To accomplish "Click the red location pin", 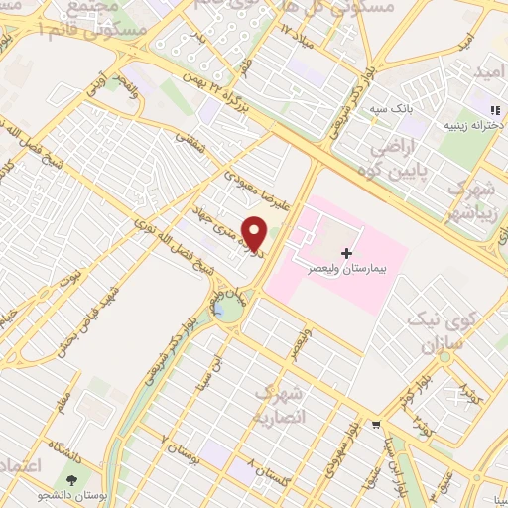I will coord(255,233).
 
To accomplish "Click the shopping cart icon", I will coord(376,425).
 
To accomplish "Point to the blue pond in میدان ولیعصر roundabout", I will coord(229,310).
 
